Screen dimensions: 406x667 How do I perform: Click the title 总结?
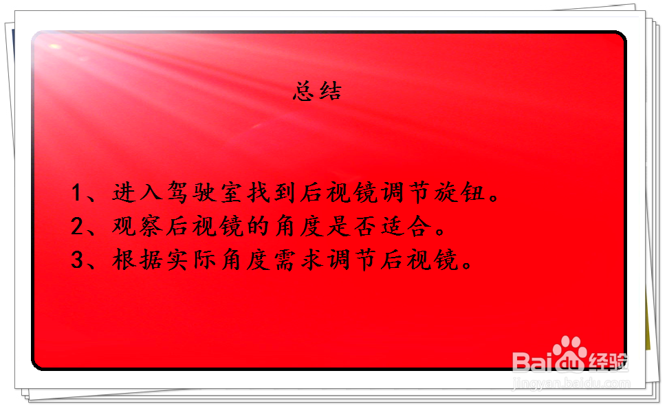pos(317,91)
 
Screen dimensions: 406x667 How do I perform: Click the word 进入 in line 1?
pos(133,193)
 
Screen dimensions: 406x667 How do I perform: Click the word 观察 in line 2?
pos(133,227)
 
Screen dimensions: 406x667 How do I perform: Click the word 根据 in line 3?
pos(133,260)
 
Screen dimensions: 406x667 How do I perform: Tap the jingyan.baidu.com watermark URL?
pos(570,383)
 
